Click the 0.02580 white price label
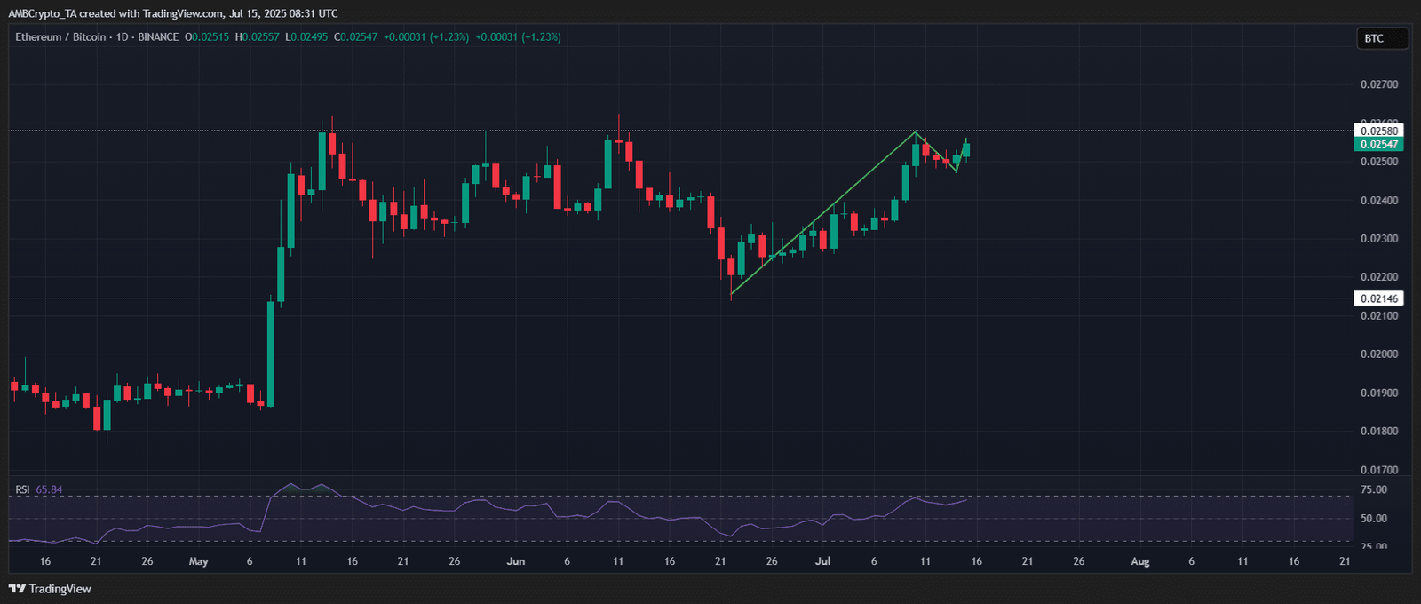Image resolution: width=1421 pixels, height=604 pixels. pyautogui.click(x=1379, y=131)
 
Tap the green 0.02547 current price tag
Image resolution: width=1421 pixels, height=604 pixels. pyautogui.click(x=1379, y=144)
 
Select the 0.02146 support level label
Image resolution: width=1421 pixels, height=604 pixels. pyautogui.click(x=1379, y=298)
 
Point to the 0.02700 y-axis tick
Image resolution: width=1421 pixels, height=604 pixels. pyautogui.click(x=1379, y=84)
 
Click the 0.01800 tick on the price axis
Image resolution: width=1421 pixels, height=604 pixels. pyautogui.click(x=1379, y=432)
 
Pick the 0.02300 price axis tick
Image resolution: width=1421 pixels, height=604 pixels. pyautogui.click(x=1379, y=239)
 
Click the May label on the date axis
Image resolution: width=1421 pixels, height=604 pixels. pyautogui.click(x=199, y=561)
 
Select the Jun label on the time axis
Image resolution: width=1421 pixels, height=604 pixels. pyautogui.click(x=516, y=561)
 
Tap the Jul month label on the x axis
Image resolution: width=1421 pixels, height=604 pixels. pyautogui.click(x=823, y=561)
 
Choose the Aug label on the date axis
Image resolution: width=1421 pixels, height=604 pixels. pyautogui.click(x=1140, y=561)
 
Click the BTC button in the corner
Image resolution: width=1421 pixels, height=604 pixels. pyautogui.click(x=1374, y=38)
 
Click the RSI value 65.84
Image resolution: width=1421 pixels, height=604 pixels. pyautogui.click(x=49, y=489)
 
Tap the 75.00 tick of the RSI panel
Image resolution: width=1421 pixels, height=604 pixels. pyautogui.click(x=1374, y=489)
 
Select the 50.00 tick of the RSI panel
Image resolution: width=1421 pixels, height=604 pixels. pyautogui.click(x=1374, y=518)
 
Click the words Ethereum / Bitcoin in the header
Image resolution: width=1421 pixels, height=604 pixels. pyautogui.click(x=60, y=37)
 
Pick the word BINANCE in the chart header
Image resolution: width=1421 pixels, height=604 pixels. pyautogui.click(x=158, y=37)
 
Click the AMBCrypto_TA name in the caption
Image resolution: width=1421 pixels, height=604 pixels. pyautogui.click(x=42, y=13)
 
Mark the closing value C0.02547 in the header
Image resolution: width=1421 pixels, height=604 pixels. pyautogui.click(x=355, y=37)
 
